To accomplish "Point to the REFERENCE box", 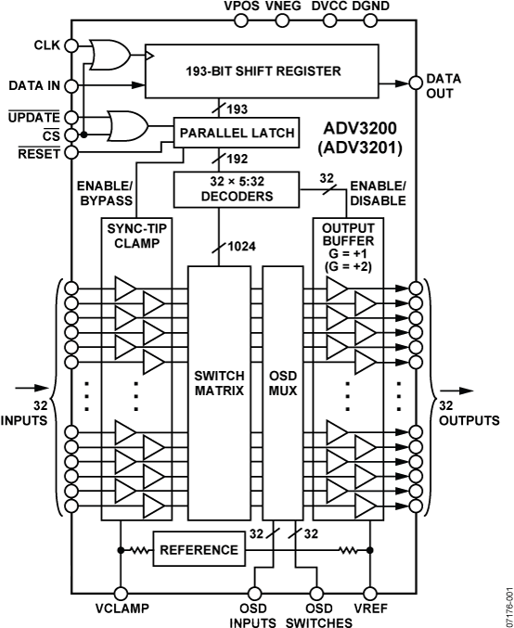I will pos(199,549).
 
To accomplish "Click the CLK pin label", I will pos(45,45).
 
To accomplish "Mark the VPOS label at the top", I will pos(241,7).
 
